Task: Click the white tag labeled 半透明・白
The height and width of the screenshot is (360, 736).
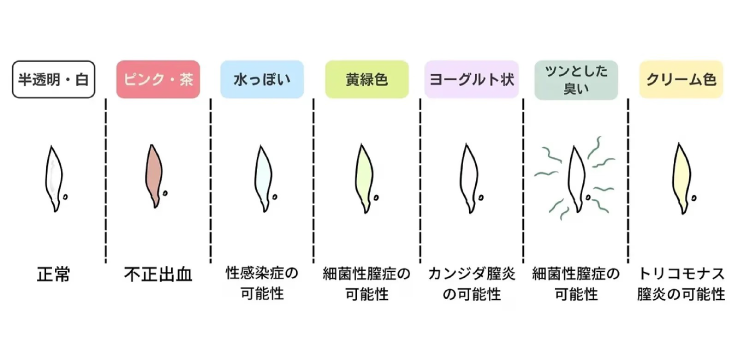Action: point(54,79)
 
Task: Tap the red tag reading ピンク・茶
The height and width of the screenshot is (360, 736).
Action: point(158,79)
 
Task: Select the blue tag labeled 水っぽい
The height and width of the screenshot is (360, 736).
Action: point(262,79)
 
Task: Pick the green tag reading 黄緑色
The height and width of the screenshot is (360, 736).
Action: point(367,79)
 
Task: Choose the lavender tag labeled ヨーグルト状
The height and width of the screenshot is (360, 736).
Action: point(472,79)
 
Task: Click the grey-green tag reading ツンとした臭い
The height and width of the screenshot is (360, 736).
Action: point(576,80)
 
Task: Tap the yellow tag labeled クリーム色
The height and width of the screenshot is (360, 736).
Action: point(681,79)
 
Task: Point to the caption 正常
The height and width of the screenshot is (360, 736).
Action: point(53,275)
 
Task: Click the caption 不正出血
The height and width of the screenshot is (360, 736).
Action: point(158,275)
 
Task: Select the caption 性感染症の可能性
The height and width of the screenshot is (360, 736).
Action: point(262,283)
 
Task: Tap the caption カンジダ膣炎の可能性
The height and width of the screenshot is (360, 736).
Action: point(472,283)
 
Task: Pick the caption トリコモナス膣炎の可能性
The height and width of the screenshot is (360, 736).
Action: point(681,283)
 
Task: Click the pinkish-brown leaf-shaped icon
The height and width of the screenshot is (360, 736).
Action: point(154,175)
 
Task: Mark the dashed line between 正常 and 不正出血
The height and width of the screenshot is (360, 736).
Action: point(106,181)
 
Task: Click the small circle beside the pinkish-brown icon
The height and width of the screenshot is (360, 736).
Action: point(166,192)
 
